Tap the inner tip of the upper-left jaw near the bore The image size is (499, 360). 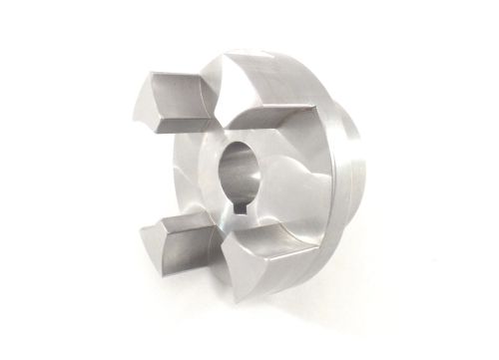click(x=212, y=125)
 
